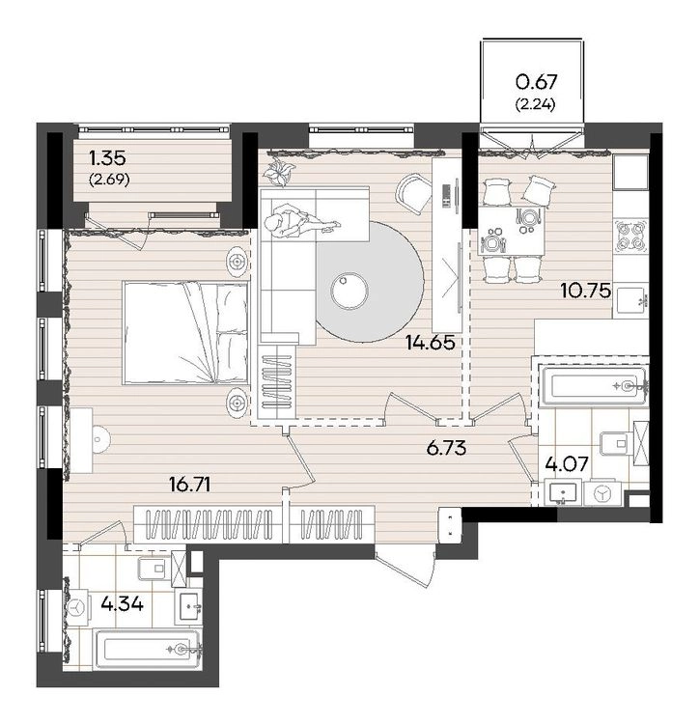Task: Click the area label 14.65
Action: click(430, 343)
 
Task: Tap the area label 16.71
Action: click(190, 485)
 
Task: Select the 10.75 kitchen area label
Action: click(585, 291)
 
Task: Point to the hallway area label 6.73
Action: click(446, 448)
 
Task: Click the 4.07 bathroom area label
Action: click(567, 463)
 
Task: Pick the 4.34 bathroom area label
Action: click(122, 603)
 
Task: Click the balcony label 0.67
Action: click(537, 82)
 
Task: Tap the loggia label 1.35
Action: click(107, 159)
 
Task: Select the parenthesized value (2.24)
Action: click(535, 105)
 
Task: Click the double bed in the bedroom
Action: click(185, 333)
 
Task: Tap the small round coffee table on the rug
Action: click(349, 291)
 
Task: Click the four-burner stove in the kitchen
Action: click(630, 236)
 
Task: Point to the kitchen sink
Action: click(630, 301)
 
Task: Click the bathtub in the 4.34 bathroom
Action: click(148, 651)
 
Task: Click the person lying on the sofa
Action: click(300, 222)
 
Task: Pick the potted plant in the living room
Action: click(278, 171)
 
